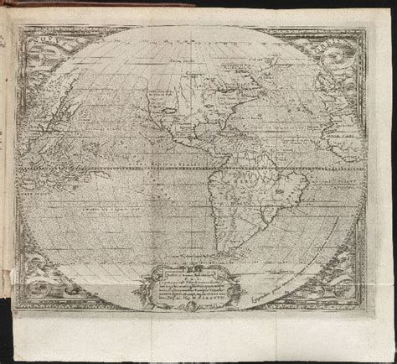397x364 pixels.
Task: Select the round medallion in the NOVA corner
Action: (39, 59)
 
